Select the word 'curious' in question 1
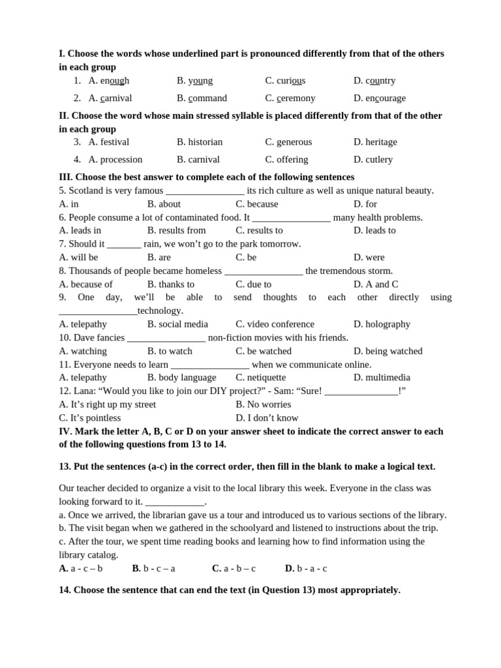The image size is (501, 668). click(291, 81)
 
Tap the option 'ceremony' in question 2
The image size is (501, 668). click(296, 99)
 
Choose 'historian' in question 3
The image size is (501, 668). click(205, 142)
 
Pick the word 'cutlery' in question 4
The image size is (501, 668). click(379, 160)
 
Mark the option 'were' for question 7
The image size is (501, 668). click(374, 258)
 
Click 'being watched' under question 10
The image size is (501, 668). click(393, 351)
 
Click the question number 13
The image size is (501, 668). click(65, 467)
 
